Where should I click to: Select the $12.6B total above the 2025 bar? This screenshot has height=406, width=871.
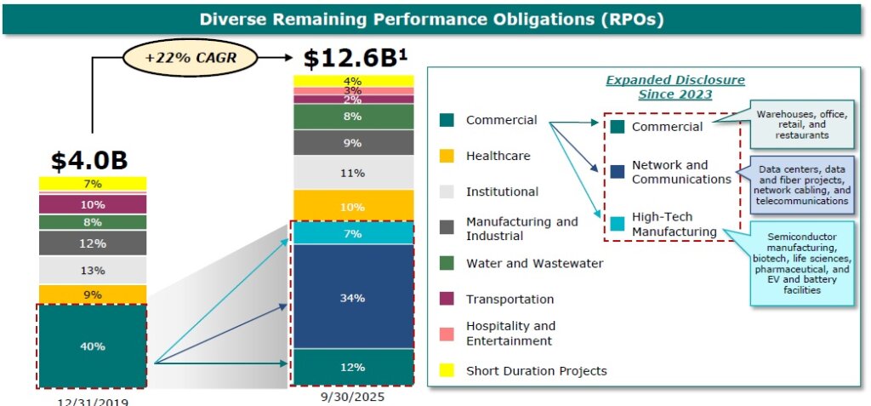[x=356, y=59]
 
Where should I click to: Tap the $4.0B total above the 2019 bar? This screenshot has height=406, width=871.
[x=90, y=160]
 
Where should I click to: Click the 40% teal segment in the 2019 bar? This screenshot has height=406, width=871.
[x=92, y=346]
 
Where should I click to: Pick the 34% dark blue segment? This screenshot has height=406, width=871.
[x=353, y=298]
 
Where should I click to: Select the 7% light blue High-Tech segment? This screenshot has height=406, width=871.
[x=353, y=233]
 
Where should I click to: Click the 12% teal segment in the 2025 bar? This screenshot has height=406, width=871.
[x=353, y=368]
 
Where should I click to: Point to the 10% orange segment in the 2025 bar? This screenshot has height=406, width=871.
[x=353, y=206]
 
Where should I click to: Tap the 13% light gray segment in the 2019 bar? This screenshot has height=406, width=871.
[x=92, y=271]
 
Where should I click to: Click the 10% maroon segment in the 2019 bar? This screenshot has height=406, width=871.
[x=92, y=204]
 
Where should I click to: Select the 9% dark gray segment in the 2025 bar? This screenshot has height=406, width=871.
[x=353, y=143]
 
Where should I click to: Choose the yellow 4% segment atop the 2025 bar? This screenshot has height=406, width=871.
[x=353, y=81]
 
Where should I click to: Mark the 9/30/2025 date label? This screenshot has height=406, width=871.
[x=353, y=397]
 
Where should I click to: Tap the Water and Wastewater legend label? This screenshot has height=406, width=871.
[x=534, y=263]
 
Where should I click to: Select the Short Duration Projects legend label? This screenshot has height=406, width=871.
[x=536, y=370]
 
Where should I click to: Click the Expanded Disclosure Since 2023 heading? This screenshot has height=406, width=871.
[x=675, y=87]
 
